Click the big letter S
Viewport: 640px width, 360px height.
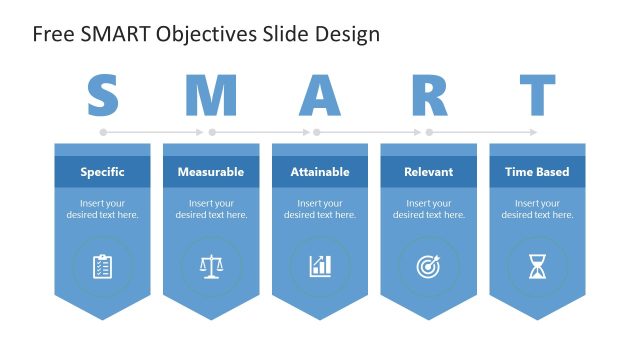pos(102,96)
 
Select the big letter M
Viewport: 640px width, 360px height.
pos(211,96)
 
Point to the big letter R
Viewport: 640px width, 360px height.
pos(429,96)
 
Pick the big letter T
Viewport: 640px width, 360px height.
pos(537,96)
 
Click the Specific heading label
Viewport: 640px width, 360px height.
pos(102,172)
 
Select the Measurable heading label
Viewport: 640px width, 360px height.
pos(211,172)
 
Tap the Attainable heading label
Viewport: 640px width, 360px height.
pos(320,172)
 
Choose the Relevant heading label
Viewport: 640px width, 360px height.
pos(429,172)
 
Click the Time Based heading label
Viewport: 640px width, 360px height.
pos(537,172)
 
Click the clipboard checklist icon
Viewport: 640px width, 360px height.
pos(102,266)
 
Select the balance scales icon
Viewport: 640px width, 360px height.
pos(211,266)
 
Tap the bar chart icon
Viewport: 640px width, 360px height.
pos(320,266)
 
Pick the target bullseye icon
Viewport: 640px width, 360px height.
pos(429,266)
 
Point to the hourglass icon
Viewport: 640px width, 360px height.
pos(537,266)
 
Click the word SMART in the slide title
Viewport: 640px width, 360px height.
pos(113,35)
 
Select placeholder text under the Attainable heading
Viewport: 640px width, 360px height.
pos(320,209)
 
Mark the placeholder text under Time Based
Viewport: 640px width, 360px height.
pos(537,209)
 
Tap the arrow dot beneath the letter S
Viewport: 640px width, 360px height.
pos(102,132)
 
